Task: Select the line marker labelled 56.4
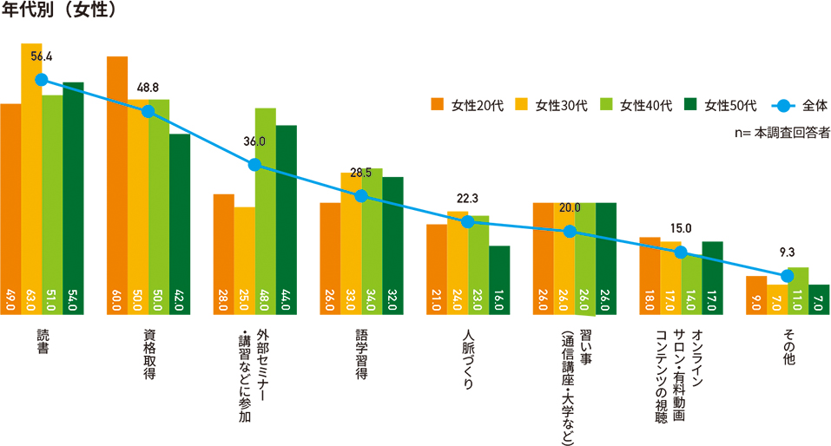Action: [x=41, y=80]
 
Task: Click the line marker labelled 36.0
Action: [x=254, y=165]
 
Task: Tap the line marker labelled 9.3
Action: [x=788, y=276]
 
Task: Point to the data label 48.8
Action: [x=148, y=89]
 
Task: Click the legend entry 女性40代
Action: [x=636, y=106]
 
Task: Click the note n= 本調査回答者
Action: [x=782, y=134]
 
